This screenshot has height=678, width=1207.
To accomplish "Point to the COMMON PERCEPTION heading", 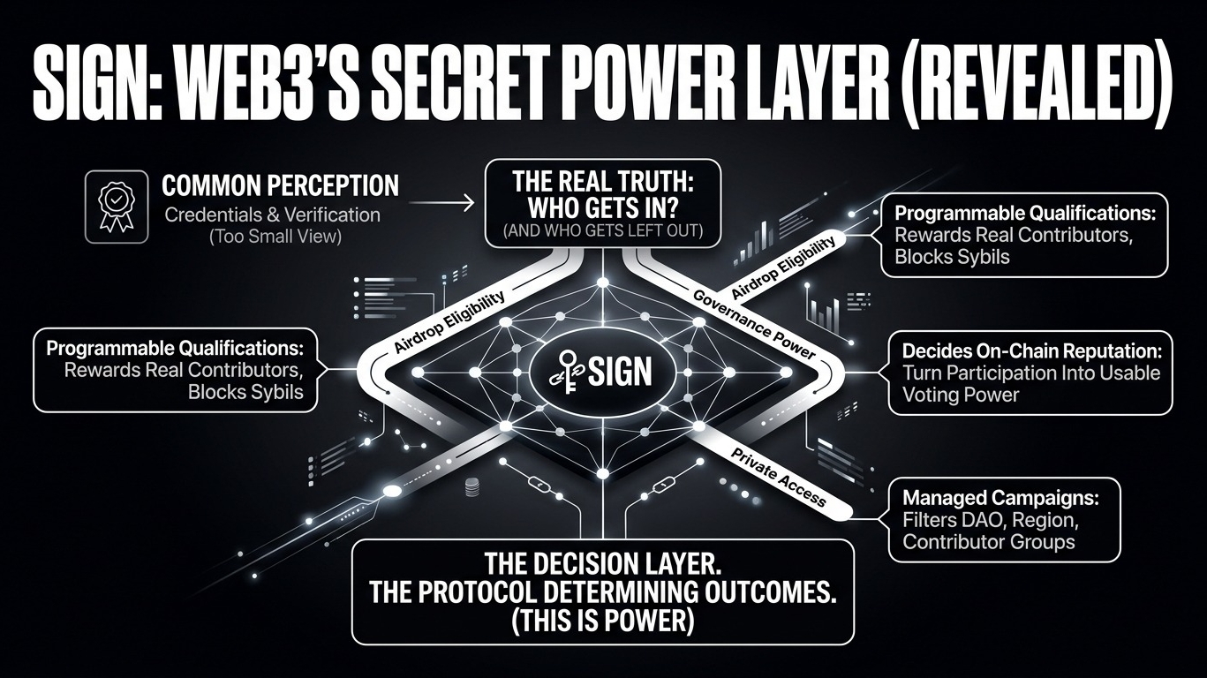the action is pos(281,186).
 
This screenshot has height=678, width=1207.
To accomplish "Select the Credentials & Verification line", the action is pos(271,215).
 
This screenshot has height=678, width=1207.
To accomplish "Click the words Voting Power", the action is pos(961,395).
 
